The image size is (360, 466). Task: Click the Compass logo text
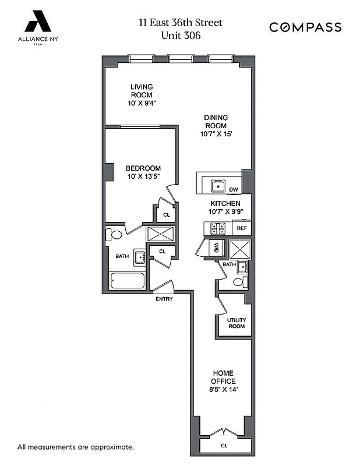coord(305,27)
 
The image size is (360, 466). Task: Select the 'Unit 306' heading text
coord(180,35)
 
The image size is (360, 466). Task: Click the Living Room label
coord(142,91)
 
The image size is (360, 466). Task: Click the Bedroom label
coord(143,168)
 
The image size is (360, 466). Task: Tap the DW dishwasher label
coord(234,189)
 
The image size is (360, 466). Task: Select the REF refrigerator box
coord(241,229)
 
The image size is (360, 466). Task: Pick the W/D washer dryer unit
coord(216,246)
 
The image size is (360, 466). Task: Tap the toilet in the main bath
coord(114,235)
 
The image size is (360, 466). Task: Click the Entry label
coord(164,299)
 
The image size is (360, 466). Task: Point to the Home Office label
coord(224,377)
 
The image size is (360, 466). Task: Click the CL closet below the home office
coord(224,446)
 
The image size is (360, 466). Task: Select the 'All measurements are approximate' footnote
coord(76,447)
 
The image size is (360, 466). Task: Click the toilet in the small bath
coord(238,282)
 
